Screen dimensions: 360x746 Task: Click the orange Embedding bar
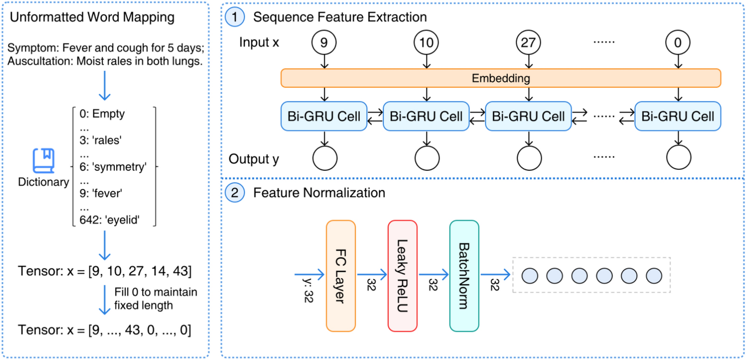pos(501,78)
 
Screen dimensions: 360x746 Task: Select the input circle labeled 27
pos(528,43)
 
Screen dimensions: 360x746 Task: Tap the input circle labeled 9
pos(324,43)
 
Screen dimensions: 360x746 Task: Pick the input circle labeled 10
pos(426,43)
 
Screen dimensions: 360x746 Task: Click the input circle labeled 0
pos(678,43)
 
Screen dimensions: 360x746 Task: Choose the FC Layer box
pos(341,276)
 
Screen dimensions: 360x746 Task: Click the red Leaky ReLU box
pos(402,276)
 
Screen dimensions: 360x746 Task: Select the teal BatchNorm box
pos(464,276)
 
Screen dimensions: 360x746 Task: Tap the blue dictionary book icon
pos(44,161)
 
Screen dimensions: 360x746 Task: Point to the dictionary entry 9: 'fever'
pos(101,193)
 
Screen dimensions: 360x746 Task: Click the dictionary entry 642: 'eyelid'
pos(109,220)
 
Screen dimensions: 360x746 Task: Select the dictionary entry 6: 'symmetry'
pos(113,167)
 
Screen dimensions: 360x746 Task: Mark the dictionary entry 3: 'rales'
pos(100,140)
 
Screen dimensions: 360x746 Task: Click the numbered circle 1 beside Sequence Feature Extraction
pos(234,17)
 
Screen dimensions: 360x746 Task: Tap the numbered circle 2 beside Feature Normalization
pos(234,193)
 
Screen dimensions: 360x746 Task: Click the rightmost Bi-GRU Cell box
pos(678,116)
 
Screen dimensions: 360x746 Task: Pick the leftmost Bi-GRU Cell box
pos(324,116)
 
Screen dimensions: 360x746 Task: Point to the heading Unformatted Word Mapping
pos(92,17)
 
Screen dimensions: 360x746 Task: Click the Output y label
pos(253,159)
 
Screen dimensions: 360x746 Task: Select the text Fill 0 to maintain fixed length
pos(155,298)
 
